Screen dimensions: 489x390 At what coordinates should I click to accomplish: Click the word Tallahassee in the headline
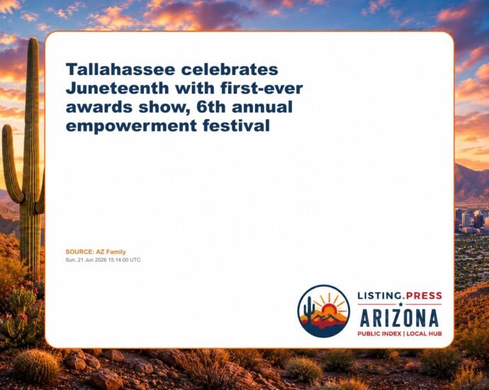pos(120,69)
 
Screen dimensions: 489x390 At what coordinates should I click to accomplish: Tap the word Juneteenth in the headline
pos(118,89)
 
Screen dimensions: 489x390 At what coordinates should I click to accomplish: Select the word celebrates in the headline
pos(230,69)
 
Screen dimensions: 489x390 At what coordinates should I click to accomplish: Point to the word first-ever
pos(262,89)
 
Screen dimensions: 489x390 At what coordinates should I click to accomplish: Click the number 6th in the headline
pos(210,107)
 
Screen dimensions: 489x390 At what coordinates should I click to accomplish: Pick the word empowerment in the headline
pos(131,126)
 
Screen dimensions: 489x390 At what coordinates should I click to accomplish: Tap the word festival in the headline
pos(236,126)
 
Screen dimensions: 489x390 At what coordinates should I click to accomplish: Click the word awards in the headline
pos(99,107)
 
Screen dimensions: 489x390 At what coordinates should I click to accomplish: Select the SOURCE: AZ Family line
pos(96,252)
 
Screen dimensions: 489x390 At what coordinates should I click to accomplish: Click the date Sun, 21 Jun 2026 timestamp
pos(103,260)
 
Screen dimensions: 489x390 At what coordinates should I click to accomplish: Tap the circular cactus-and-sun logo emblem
pos(324,311)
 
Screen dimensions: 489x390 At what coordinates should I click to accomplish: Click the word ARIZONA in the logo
pos(400,318)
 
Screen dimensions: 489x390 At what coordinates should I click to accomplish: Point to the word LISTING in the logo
pos(379,296)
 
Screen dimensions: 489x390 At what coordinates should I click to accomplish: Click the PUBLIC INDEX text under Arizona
pos(379,333)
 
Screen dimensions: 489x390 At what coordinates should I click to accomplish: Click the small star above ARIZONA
pos(400,304)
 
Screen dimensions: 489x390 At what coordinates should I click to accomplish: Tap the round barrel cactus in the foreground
pos(36,365)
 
